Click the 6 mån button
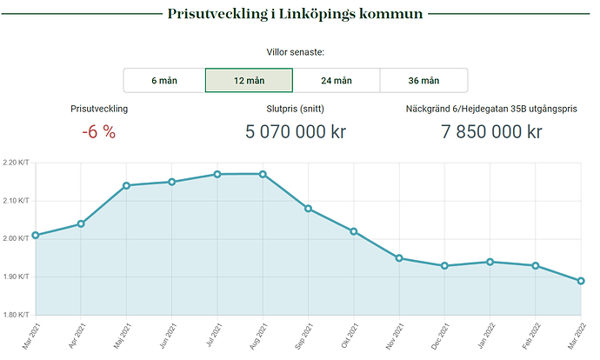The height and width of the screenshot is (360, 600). [164, 81]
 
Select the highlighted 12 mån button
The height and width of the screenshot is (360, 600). [249, 81]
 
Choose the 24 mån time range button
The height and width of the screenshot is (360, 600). [337, 81]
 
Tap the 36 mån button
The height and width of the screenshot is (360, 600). [423, 81]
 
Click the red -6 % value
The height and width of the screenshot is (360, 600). [98, 132]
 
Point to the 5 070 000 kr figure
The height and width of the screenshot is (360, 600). [295, 132]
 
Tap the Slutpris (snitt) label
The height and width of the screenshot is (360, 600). [295, 110]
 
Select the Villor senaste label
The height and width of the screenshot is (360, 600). [295, 53]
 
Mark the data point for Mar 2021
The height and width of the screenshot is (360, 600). [36, 235]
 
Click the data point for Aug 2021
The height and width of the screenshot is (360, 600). [263, 174]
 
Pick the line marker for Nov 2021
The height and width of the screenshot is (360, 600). [399, 258]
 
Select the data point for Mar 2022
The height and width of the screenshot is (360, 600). [581, 281]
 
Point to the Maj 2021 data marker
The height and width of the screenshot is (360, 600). [126, 185]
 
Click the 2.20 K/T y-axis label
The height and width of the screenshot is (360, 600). [16, 163]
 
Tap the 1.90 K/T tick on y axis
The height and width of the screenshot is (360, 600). [16, 277]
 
